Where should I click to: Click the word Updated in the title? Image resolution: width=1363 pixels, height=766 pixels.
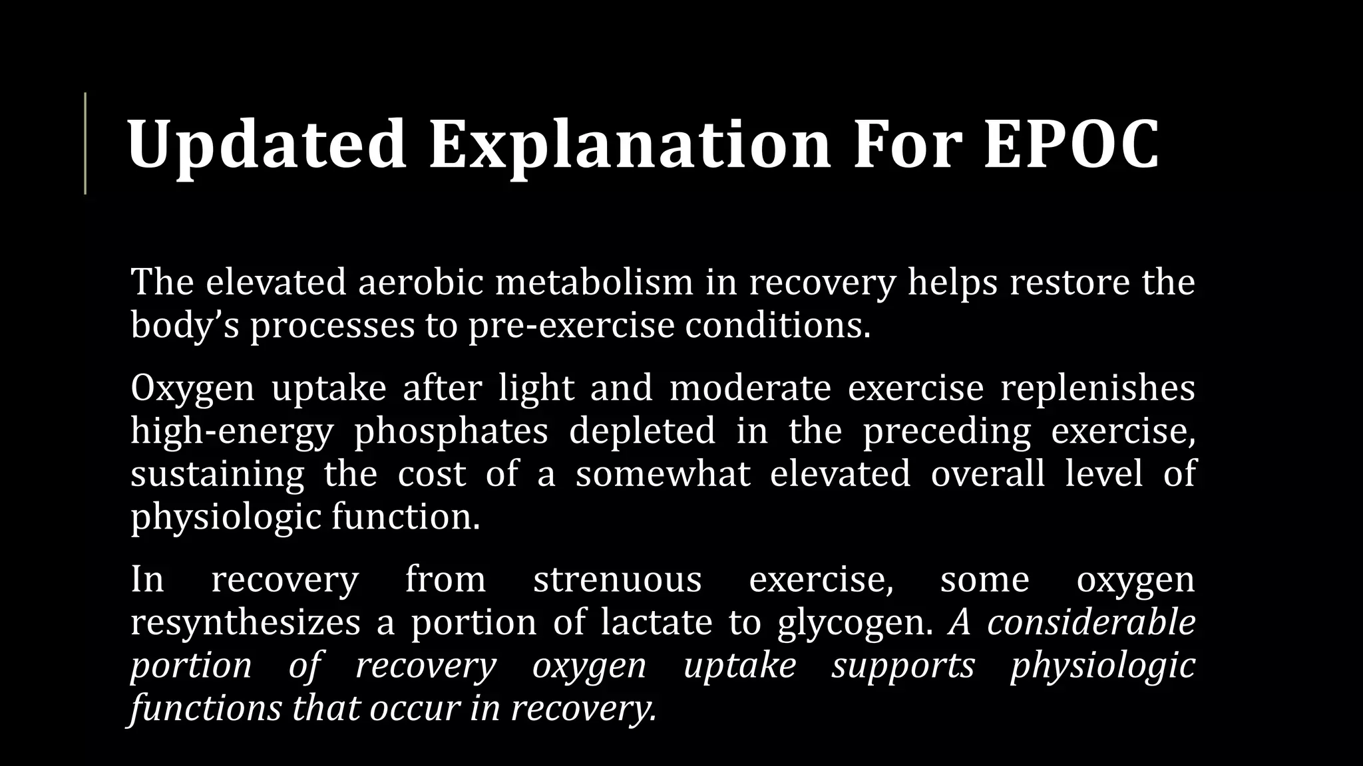point(266,145)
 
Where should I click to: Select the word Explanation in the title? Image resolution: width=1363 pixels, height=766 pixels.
point(630,145)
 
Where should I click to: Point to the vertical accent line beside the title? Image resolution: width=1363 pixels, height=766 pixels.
point(85,143)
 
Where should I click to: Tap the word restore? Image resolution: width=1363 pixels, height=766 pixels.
point(1070,281)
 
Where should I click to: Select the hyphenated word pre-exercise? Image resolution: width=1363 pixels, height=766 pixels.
point(571,325)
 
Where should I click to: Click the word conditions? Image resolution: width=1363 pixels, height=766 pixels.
point(777,325)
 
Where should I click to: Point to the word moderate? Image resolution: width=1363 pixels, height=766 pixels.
point(750,388)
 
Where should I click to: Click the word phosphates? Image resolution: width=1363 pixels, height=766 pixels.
point(451,432)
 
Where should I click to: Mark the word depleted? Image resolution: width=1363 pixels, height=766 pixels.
point(642,432)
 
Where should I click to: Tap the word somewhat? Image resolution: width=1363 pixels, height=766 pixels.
point(663,474)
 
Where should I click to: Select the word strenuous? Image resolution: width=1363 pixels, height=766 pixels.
point(617,579)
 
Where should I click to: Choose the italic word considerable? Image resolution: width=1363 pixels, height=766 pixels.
point(1091,623)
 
